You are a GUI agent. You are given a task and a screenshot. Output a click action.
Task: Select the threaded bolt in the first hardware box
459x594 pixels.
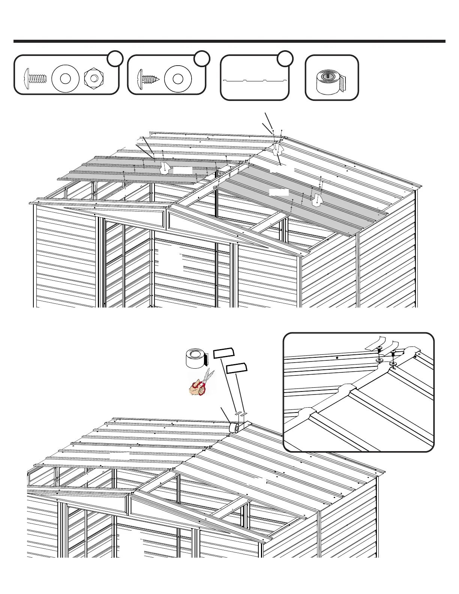click(36, 79)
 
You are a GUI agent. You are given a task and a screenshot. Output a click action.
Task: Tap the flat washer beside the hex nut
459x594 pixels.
click(65, 79)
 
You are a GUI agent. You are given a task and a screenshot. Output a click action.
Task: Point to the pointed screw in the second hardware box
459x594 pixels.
click(149, 79)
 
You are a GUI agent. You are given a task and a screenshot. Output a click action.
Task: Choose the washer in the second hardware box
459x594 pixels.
click(178, 79)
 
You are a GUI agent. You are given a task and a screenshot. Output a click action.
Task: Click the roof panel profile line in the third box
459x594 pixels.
click(255, 80)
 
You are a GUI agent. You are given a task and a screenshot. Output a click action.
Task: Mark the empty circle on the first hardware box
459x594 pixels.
click(115, 58)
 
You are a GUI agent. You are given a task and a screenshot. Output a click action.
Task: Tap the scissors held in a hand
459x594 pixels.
click(202, 384)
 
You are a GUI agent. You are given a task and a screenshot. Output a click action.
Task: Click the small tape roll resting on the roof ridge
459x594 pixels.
click(235, 427)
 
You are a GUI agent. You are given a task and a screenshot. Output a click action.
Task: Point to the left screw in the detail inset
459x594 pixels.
click(379, 350)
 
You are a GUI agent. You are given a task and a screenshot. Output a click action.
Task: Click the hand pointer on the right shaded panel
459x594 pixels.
click(317, 200)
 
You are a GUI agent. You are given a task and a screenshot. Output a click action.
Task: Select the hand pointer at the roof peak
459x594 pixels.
click(277, 149)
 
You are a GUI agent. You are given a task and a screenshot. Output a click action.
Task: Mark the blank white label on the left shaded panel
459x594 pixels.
click(183, 171)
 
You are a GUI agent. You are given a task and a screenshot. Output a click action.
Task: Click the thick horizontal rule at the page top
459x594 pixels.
click(229, 41)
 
